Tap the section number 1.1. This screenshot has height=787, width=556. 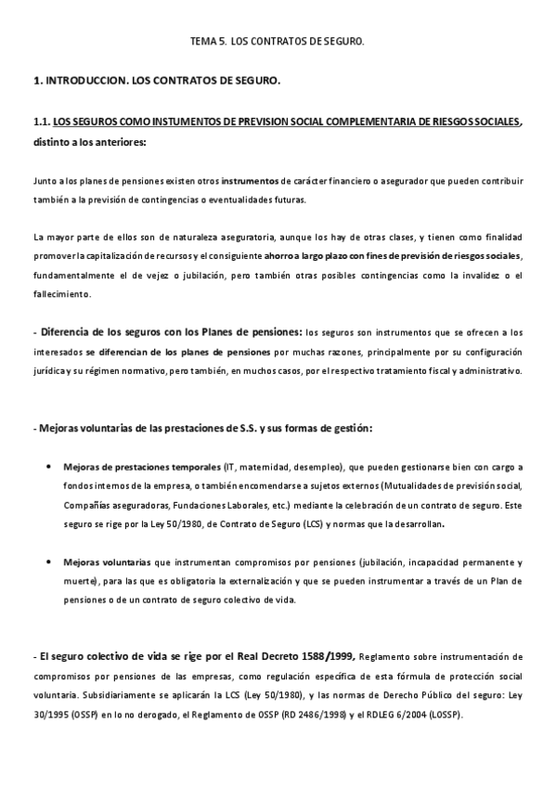tap(41, 123)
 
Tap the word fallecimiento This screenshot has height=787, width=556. tap(62, 294)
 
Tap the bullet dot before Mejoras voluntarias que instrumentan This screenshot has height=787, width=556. tap(47, 562)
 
